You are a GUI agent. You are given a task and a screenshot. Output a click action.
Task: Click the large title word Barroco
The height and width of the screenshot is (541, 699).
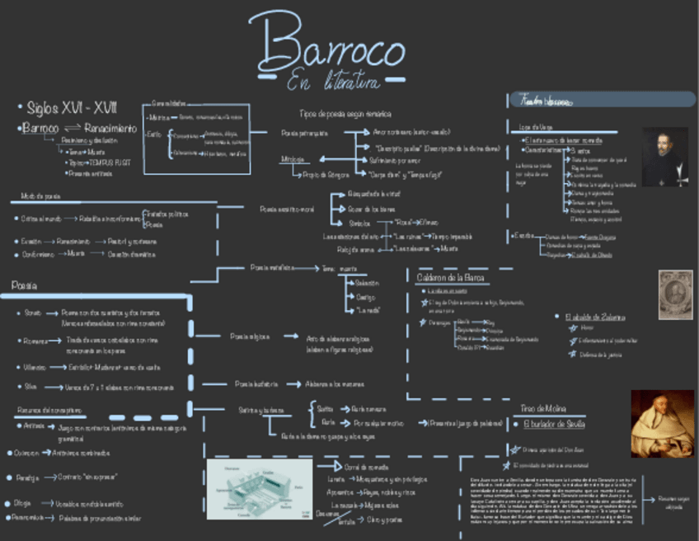point(326,45)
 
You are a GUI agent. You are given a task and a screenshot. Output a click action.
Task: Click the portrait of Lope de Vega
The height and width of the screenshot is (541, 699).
point(664,157)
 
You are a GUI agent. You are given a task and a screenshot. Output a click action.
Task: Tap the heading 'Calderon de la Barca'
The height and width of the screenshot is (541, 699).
point(450,278)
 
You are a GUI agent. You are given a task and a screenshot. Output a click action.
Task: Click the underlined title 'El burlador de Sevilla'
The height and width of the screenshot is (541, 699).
point(554,424)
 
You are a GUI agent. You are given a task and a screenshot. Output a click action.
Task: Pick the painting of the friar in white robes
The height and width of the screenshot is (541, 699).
point(662,423)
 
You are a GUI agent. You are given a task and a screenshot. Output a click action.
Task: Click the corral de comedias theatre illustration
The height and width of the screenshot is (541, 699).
point(259,489)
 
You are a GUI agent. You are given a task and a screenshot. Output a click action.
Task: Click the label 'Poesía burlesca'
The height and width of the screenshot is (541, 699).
point(256,383)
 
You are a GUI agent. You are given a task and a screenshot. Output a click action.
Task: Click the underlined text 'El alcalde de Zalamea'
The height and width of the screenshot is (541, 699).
point(594,317)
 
